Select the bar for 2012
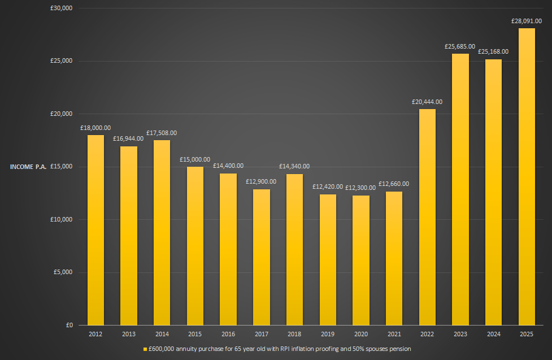(x=95, y=229)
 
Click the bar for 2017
(x=261, y=257)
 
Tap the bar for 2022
(x=427, y=217)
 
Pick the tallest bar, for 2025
(x=527, y=176)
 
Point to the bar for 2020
(x=360, y=260)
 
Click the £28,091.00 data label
(x=527, y=21)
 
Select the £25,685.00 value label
(x=460, y=46)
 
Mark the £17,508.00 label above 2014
(x=162, y=133)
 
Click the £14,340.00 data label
(x=294, y=166)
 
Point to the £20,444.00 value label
(x=427, y=102)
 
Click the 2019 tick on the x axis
(x=327, y=335)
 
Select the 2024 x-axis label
(x=493, y=335)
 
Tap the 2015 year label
(x=195, y=335)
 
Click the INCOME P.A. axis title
(x=28, y=167)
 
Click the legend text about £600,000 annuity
(x=279, y=349)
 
